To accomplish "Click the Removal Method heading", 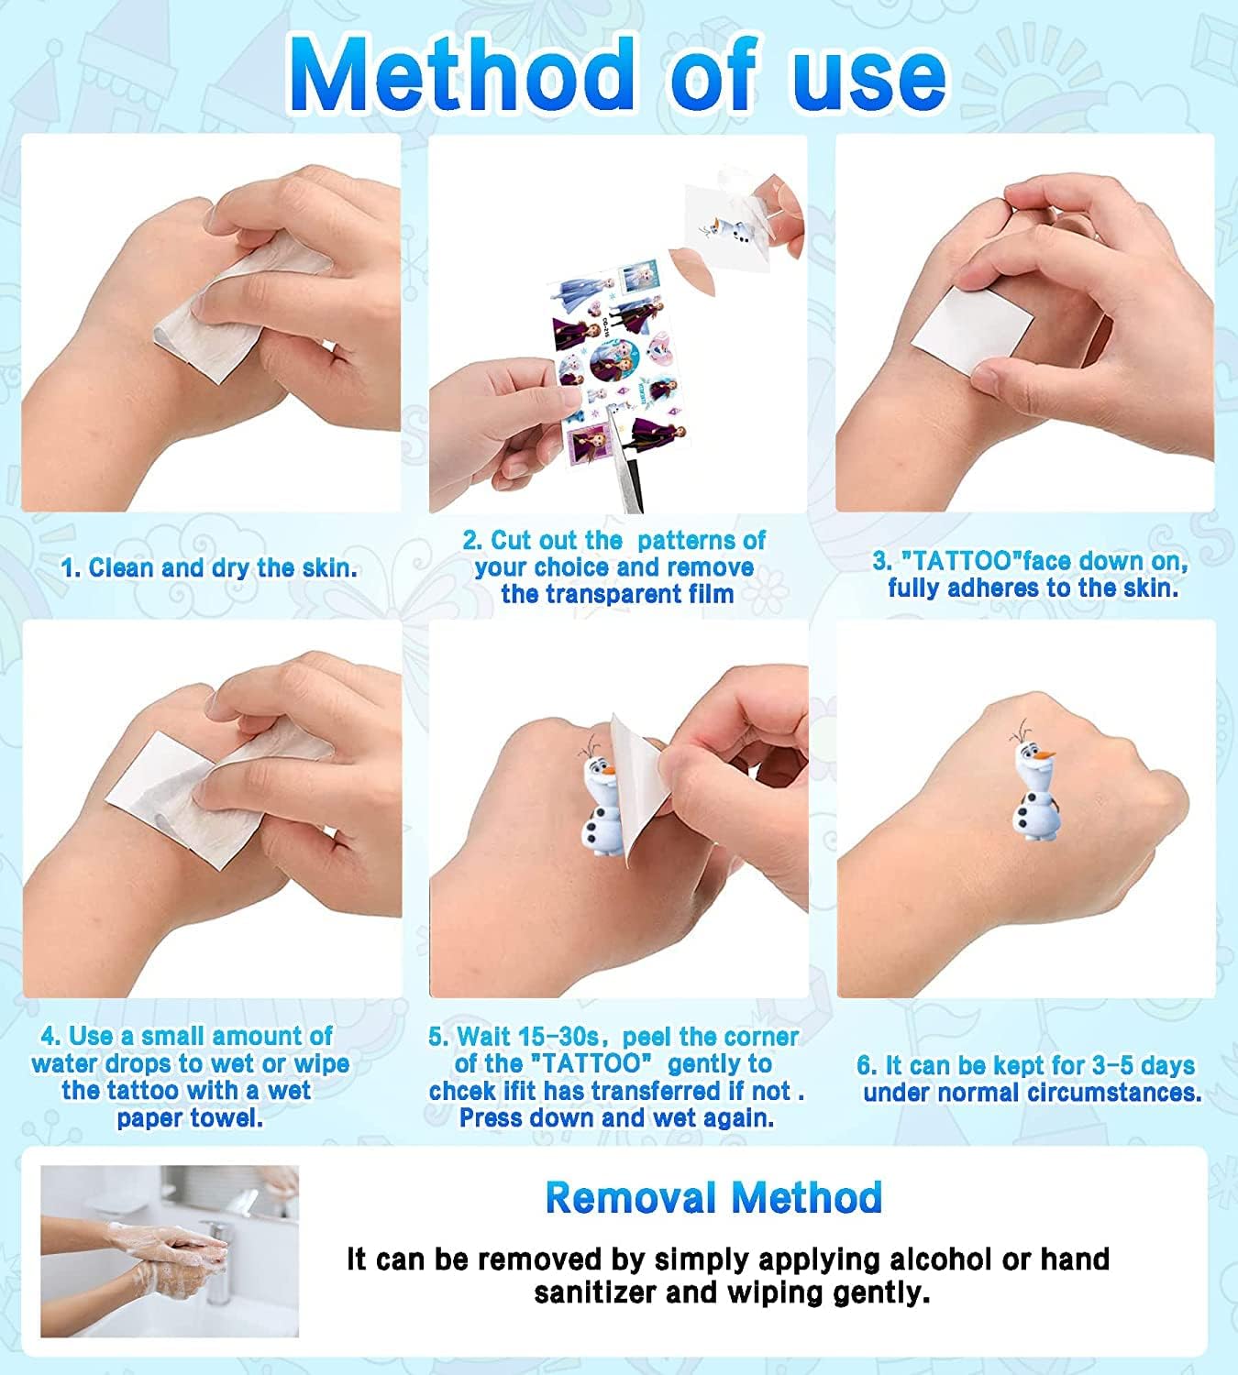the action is pos(713,1197).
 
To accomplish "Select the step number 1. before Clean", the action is pos(72,567).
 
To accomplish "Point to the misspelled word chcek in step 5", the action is pos(461,1091).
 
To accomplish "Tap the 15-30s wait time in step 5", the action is pos(558,1037).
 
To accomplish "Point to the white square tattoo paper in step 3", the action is pos(973,331).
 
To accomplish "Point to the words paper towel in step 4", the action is pos(190,1118).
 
